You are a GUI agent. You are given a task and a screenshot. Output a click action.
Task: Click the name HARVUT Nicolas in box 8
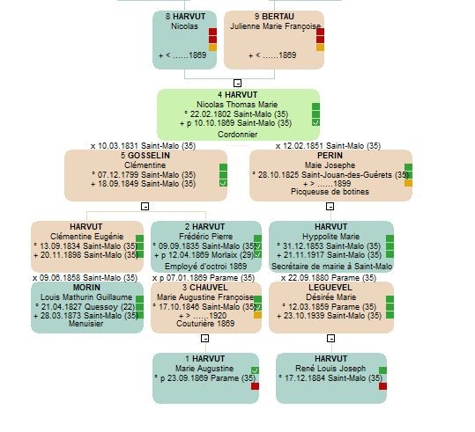185,21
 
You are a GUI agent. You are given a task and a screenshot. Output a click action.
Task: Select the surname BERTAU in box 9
278,17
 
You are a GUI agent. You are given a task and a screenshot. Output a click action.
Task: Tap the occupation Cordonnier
238,135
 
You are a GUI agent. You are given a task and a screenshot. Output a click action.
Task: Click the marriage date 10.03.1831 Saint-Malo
143,146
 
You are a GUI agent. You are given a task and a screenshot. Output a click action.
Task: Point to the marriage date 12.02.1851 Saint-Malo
328,146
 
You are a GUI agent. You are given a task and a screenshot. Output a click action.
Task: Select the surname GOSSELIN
149,156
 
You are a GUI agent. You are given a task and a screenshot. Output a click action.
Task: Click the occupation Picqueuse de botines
330,192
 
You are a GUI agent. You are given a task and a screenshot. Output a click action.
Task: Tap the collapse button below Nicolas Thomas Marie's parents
238,83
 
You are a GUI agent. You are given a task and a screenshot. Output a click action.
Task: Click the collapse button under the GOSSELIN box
145,206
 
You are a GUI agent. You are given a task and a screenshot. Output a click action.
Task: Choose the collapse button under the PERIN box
330,206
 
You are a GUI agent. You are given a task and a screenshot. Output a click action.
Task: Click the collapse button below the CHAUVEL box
205,338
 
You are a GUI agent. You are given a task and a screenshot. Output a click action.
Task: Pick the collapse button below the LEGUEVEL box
330,338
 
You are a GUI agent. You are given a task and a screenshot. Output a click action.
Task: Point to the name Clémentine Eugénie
87,237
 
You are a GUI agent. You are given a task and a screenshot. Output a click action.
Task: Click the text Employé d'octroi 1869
205,267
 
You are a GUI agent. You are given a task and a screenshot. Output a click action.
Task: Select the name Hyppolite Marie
331,237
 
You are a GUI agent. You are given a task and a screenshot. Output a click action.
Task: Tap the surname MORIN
86,288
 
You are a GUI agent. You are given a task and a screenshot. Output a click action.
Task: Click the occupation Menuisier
86,324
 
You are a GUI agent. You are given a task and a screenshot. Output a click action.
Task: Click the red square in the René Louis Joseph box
382,386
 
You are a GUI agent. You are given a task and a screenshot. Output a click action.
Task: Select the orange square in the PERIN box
408,183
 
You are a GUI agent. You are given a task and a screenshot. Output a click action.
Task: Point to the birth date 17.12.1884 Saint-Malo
331,378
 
